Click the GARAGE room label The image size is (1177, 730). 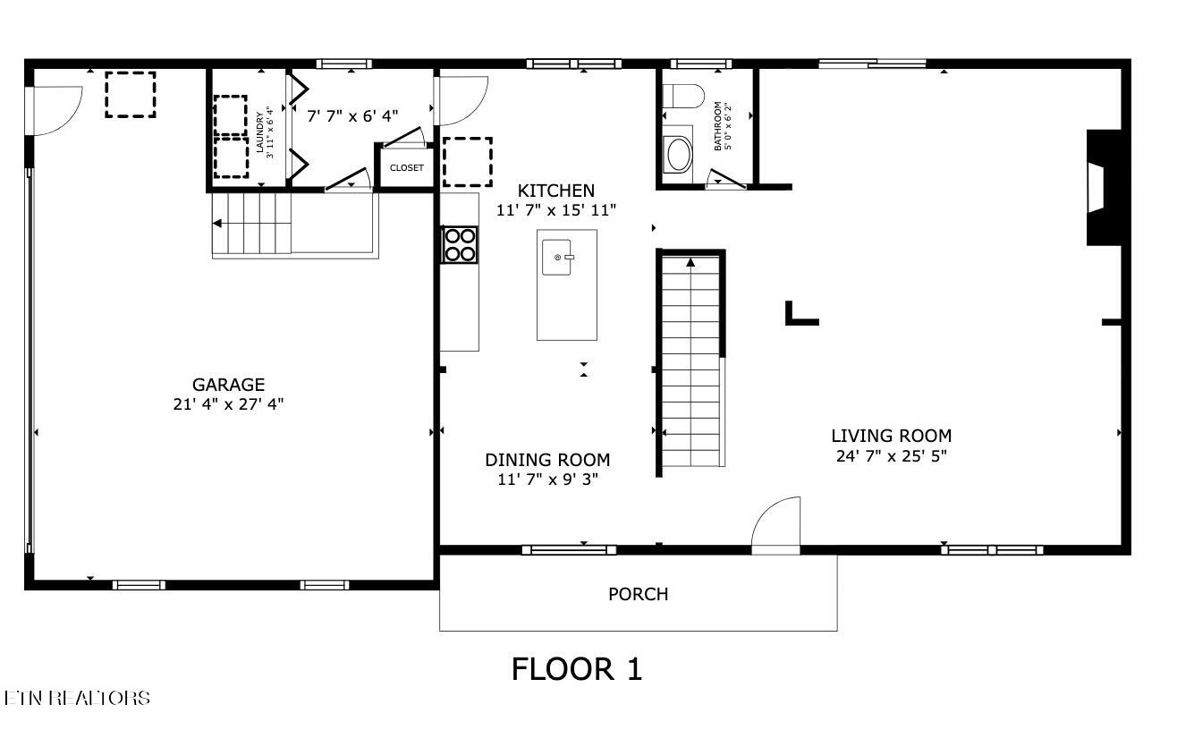228,385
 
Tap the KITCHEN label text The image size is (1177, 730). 556,191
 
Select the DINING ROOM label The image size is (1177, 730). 547,460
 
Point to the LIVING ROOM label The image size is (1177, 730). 891,436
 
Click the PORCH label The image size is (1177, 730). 638,594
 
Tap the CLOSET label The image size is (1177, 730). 406,167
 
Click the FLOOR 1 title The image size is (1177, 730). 576,669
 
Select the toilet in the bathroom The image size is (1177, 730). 683,97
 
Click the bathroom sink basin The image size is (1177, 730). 678,154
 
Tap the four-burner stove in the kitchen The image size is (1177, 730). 460,245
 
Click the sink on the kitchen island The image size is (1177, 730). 557,257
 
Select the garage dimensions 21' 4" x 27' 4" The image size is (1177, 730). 228,404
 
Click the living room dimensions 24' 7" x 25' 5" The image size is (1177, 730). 891,455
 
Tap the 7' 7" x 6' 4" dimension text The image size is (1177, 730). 352,115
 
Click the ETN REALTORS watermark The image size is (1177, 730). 77,698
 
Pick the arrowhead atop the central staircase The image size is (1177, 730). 690,262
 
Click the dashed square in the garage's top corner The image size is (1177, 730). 131,95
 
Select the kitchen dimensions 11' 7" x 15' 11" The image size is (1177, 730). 556,210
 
